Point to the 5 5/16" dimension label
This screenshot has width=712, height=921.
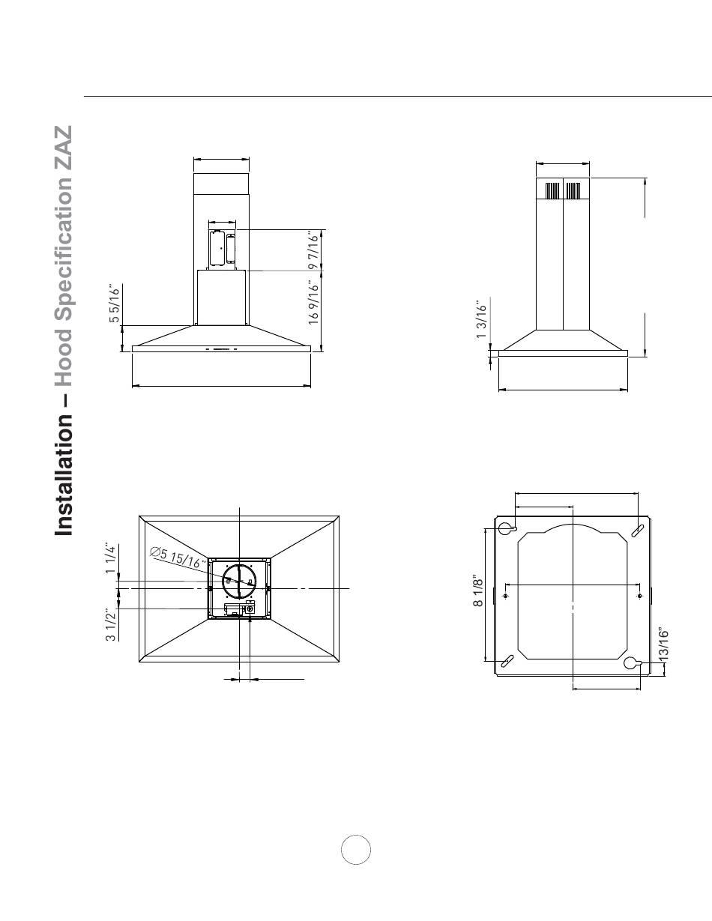(115, 304)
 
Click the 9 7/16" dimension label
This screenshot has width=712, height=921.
(315, 250)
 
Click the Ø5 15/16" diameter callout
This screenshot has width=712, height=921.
(178, 558)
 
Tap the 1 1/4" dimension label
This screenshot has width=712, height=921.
(111, 560)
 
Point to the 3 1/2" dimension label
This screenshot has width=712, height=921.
(111, 625)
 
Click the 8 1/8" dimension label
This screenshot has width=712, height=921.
(478, 592)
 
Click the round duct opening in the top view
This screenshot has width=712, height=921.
(239, 582)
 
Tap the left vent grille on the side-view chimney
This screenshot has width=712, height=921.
(552, 192)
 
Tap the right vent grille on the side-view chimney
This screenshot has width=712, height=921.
(573, 192)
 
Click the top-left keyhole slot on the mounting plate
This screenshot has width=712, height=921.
(506, 528)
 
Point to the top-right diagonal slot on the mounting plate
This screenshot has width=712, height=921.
(637, 527)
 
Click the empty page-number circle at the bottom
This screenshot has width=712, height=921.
(356, 850)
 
